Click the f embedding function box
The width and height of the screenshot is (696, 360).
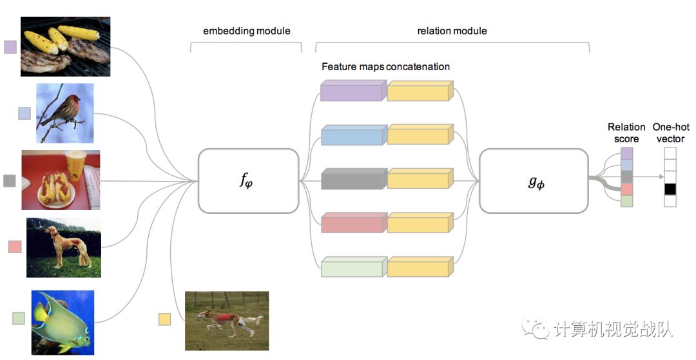(248, 181)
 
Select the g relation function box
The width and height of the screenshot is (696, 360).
(533, 181)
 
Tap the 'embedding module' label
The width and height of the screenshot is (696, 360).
(246, 31)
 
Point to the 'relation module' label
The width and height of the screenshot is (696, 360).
(452, 31)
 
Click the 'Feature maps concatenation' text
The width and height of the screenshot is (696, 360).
(385, 67)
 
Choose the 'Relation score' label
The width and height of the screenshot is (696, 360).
(626, 133)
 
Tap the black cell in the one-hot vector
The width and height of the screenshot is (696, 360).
(670, 189)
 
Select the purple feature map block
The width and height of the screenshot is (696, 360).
(353, 92)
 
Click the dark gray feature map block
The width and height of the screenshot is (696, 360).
(353, 178)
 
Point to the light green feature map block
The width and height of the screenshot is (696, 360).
(353, 267)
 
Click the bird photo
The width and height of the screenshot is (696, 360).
(65, 113)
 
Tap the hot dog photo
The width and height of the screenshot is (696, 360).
(61, 180)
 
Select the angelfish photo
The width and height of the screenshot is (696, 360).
(63, 321)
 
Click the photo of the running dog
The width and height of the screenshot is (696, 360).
(226, 320)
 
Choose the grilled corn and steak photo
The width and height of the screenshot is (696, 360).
(65, 47)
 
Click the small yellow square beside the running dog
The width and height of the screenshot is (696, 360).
(165, 319)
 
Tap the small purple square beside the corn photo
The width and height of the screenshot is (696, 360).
(10, 47)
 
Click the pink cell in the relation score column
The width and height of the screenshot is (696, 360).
(627, 189)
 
